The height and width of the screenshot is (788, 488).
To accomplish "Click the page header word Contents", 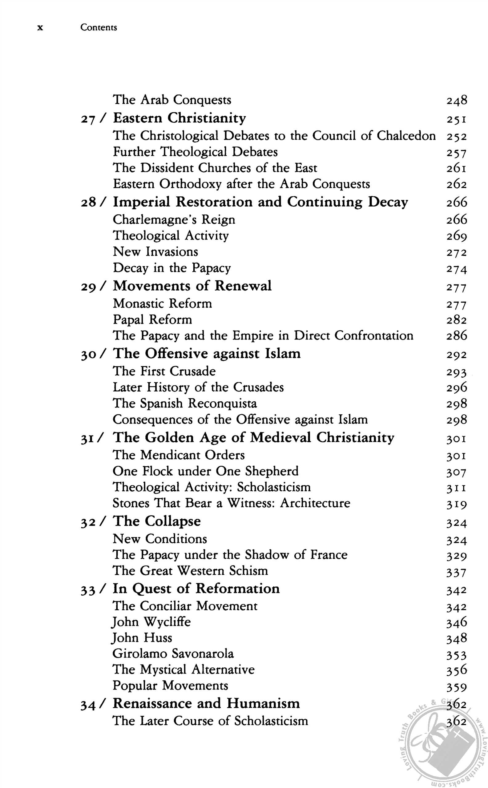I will tap(99, 27).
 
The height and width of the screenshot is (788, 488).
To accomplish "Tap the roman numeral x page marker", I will tap(40, 28).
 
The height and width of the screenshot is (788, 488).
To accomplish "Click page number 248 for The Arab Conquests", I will tap(457, 100).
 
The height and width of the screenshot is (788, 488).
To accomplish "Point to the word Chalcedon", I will tap(406, 135).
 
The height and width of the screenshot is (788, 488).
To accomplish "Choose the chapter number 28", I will tap(88, 203).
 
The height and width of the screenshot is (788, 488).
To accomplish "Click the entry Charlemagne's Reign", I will tap(174, 220).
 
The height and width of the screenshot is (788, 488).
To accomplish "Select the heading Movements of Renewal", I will tap(192, 286).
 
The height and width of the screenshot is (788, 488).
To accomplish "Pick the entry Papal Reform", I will tap(152, 320).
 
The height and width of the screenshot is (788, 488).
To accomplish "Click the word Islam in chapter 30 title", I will tap(283, 354).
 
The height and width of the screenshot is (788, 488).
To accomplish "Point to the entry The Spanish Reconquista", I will tap(185, 403).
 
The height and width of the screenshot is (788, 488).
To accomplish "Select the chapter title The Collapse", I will tap(156, 521).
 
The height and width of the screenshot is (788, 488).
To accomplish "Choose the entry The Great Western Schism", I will tap(190, 571).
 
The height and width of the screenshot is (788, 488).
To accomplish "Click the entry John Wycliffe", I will tap(151, 622).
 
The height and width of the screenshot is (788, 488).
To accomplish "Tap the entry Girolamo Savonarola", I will tap(173, 654).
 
